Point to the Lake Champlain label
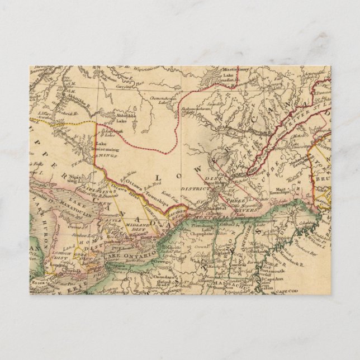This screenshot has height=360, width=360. tap(207, 238)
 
